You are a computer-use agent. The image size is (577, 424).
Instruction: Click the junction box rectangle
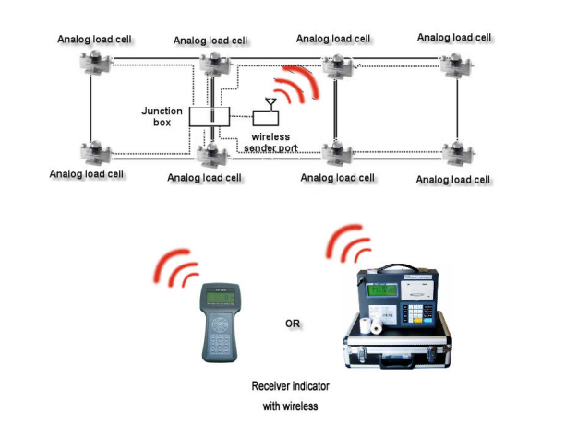pos(209,117)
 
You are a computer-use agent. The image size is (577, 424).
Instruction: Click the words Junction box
pos(162,116)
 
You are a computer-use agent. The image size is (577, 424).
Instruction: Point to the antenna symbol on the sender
pos(270,101)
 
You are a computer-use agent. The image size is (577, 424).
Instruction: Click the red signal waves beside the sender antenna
pos(301,81)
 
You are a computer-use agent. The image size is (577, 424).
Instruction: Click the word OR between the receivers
pos(292,324)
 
